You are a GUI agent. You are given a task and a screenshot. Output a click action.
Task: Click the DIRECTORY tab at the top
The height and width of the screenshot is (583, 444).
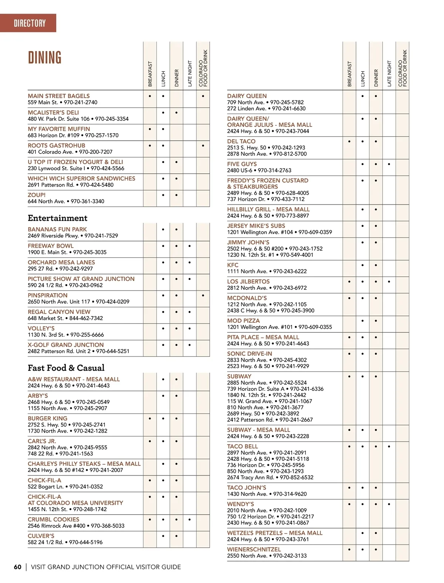coord(30,23)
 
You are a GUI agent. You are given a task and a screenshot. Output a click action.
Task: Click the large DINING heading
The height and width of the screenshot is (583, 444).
coord(45,58)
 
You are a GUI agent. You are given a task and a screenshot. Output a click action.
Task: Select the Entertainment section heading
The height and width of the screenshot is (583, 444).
coord(57,218)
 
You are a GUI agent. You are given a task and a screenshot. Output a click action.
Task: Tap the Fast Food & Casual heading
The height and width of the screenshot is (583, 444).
coord(66,368)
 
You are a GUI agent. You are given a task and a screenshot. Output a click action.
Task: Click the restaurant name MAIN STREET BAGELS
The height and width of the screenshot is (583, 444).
coord(58,96)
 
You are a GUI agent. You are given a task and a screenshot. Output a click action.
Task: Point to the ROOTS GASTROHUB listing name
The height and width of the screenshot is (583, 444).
coord(56,145)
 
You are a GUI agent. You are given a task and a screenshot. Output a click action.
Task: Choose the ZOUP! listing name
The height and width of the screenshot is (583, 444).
coord(37,195)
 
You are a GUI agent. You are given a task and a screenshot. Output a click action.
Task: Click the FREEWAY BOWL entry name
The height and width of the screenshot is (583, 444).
coord(51,246)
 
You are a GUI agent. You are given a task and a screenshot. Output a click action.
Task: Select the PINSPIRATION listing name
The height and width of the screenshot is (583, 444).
coord(47,295)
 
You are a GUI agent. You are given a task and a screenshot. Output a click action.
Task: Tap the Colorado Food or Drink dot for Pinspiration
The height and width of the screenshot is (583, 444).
coord(203,296)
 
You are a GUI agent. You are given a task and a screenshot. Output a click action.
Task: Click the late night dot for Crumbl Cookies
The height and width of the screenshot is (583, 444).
coord(189,520)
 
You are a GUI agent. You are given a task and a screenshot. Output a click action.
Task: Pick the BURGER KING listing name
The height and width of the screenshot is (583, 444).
coord(47,418)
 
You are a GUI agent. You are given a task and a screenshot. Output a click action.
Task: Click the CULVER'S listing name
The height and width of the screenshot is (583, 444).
coord(41,536)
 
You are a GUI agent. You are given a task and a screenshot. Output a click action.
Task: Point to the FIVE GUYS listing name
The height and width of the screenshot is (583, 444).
coord(242,164)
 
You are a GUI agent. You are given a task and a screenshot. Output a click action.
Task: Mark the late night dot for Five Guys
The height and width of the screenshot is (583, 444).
coord(389,164)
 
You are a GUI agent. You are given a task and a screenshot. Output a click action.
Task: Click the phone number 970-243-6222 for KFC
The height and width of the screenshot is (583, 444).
coord(290,271)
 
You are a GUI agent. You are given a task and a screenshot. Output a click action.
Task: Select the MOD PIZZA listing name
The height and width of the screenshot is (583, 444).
coord(243,321)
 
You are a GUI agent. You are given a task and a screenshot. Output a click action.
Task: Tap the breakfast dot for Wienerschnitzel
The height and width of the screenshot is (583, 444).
coord(349,550)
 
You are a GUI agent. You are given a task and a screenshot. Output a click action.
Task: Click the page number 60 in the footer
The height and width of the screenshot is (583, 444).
coord(18,567)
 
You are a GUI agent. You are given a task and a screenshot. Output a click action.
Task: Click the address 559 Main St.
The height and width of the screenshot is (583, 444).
coord(43,102)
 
